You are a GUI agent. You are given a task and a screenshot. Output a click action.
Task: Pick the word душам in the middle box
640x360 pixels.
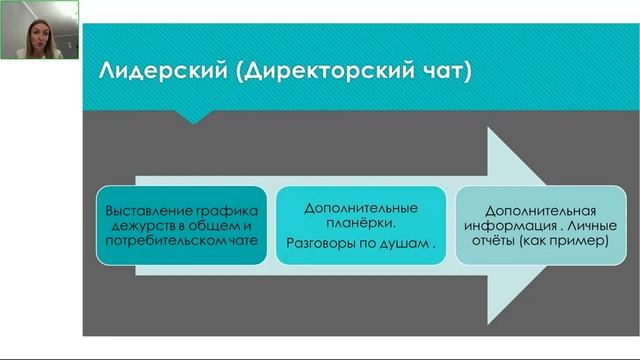pos(409,243)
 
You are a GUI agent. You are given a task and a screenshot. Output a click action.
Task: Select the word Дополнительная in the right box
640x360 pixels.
pos(540,211)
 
